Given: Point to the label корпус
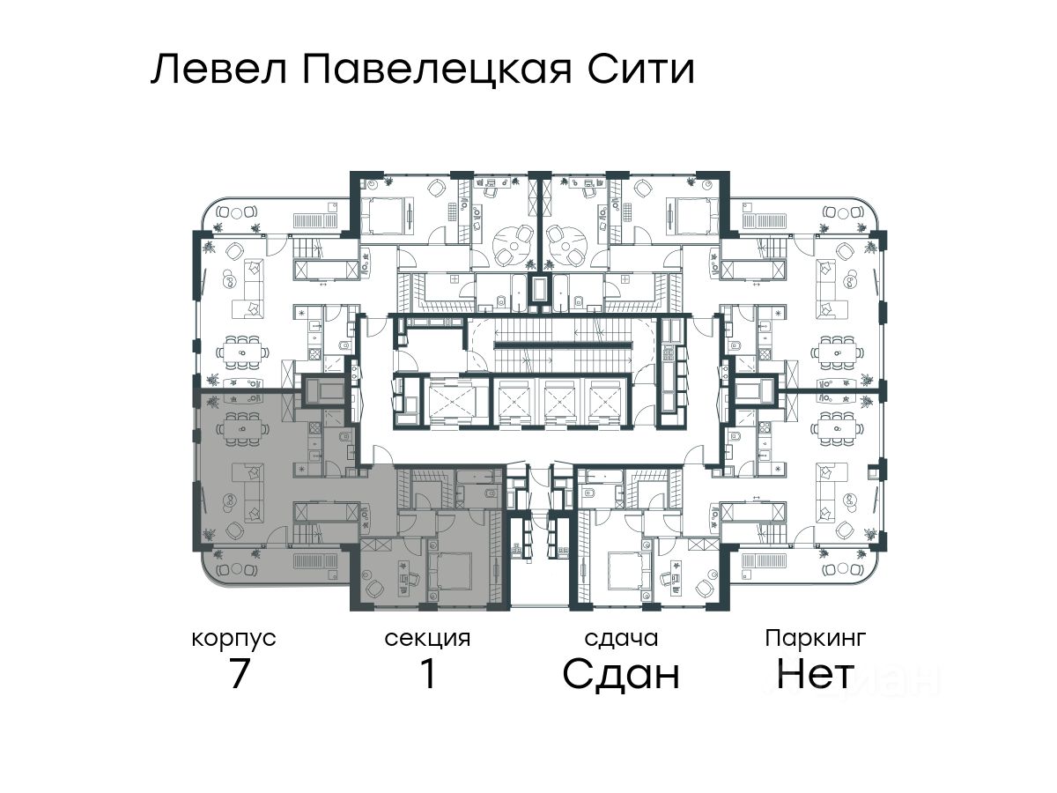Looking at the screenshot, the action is pyautogui.click(x=234, y=639).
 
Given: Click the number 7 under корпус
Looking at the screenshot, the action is pyautogui.click(x=239, y=675).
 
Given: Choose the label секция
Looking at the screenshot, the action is pyautogui.click(x=427, y=639).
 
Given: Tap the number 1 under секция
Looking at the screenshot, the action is pyautogui.click(x=428, y=675).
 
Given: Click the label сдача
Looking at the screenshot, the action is pyautogui.click(x=621, y=639).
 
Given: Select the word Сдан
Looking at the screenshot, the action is pyautogui.click(x=621, y=675).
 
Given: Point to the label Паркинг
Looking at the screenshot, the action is pyautogui.click(x=816, y=637).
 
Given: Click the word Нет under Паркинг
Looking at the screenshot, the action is pyautogui.click(x=816, y=675).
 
